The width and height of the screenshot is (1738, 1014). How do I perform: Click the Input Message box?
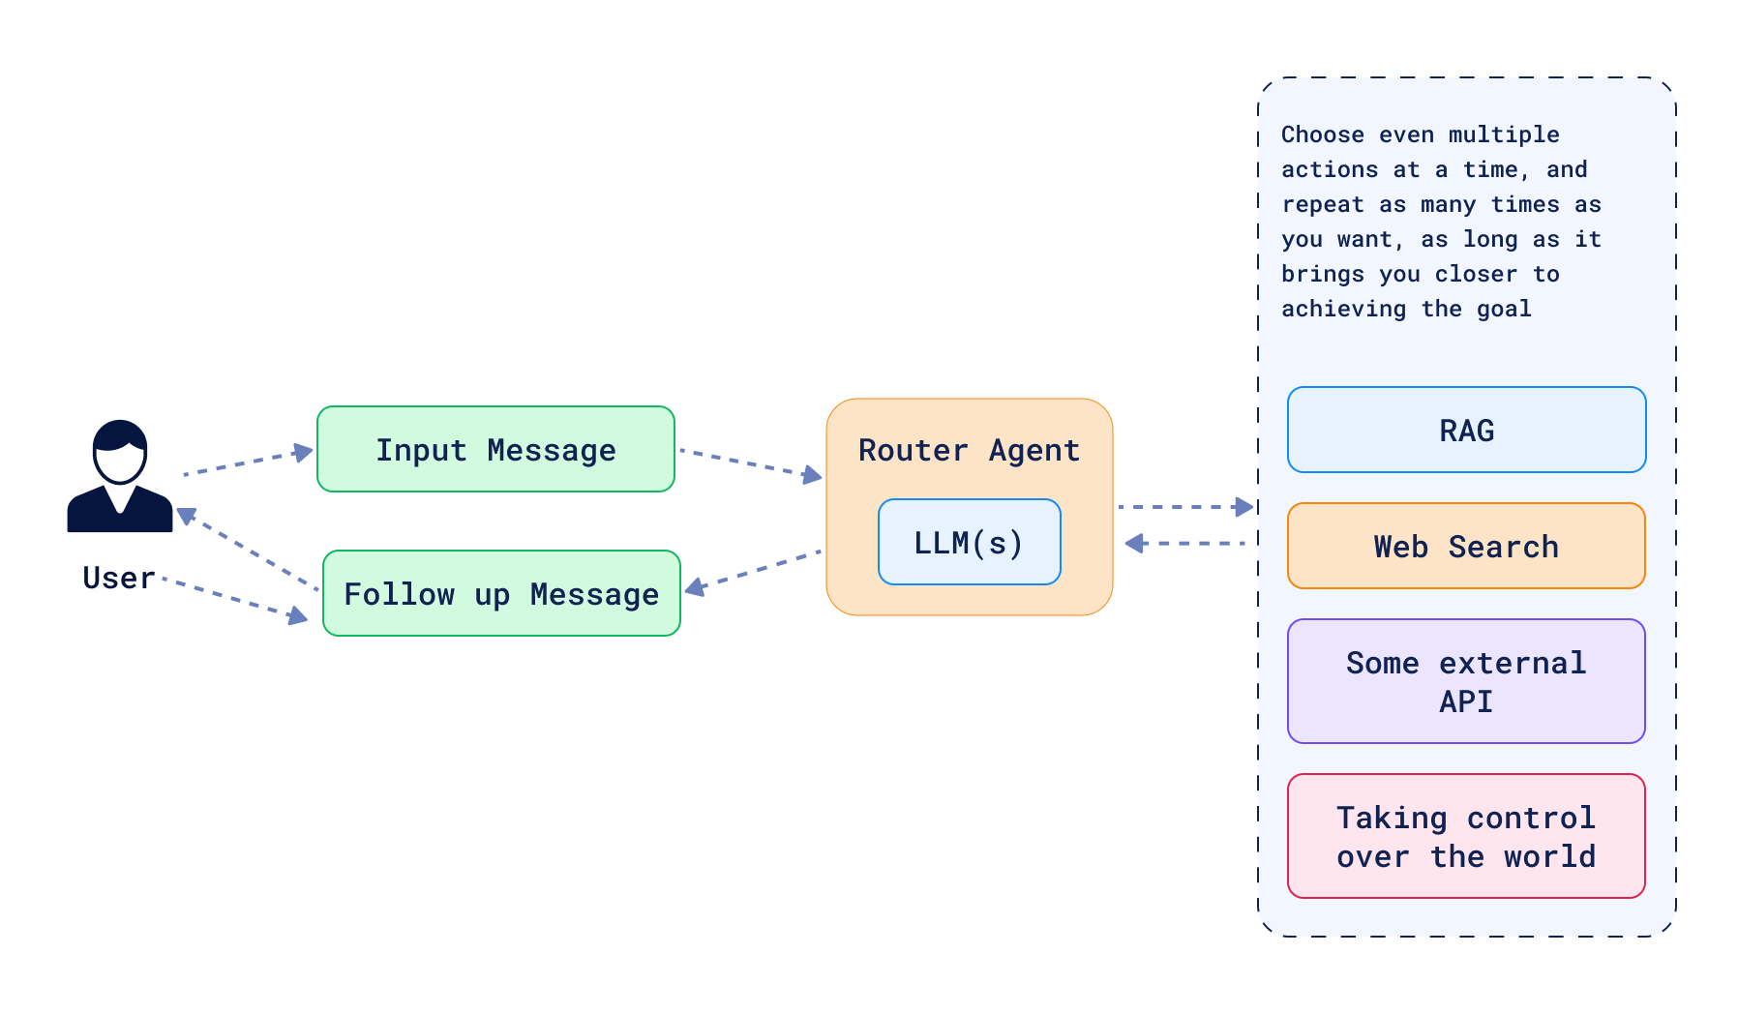(x=495, y=449)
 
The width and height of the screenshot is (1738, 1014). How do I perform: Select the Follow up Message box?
(x=501, y=593)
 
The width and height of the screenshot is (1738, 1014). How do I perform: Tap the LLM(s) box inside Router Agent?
(x=969, y=542)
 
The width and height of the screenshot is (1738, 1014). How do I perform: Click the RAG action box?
(x=1466, y=430)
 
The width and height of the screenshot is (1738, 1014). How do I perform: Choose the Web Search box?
(x=1466, y=546)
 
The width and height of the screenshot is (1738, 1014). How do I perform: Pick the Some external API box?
(x=1466, y=681)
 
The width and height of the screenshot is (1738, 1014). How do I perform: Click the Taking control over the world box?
(x=1466, y=836)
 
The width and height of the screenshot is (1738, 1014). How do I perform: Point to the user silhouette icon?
(x=120, y=476)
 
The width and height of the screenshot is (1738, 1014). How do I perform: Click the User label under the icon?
(x=119, y=578)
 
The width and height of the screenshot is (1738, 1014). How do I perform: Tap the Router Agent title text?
(x=969, y=450)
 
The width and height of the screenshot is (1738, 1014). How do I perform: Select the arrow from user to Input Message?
(x=248, y=462)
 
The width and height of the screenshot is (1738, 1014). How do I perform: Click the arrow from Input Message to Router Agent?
(x=751, y=463)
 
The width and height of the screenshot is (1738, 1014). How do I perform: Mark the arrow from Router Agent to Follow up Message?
(x=753, y=571)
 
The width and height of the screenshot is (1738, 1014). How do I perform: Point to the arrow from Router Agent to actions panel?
(x=1185, y=506)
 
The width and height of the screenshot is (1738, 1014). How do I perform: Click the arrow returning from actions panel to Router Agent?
(x=1185, y=544)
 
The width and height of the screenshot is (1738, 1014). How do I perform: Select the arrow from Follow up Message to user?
(x=248, y=549)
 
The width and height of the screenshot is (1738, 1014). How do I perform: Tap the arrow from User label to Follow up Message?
(x=235, y=598)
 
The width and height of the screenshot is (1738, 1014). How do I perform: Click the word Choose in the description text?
(x=1323, y=134)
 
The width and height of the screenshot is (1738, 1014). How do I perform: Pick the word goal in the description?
(x=1504, y=309)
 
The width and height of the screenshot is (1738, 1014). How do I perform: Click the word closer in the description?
(x=1476, y=274)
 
